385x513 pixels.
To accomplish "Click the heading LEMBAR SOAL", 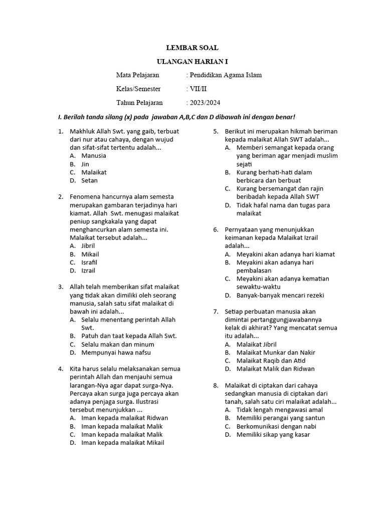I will point(192,48).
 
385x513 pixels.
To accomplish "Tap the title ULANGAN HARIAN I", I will point(192,62).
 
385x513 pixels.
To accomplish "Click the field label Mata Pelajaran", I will point(137,75).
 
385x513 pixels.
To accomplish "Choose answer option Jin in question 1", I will point(85,164).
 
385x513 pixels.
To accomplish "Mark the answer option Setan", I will point(89,180).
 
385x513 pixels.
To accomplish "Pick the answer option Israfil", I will point(89,262).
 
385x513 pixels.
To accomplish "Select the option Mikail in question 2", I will point(90,254).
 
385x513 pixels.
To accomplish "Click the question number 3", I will point(60,287).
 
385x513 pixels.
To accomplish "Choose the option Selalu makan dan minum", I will point(118,344).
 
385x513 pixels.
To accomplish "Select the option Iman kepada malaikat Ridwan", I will point(124,418).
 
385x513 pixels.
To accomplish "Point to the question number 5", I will point(216,131).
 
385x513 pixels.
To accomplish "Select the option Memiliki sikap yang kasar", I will point(273,434).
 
